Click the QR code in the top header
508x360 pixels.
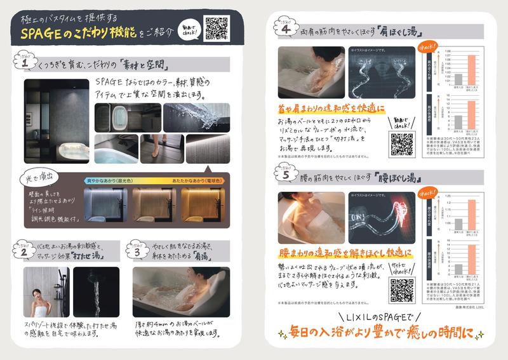click(x=216, y=29)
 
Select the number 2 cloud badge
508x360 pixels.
click(x=23, y=249)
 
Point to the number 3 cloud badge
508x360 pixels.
click(x=137, y=250)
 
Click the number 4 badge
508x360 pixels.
click(x=286, y=29)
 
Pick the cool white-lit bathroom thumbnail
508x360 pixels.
click(x=105, y=207)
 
